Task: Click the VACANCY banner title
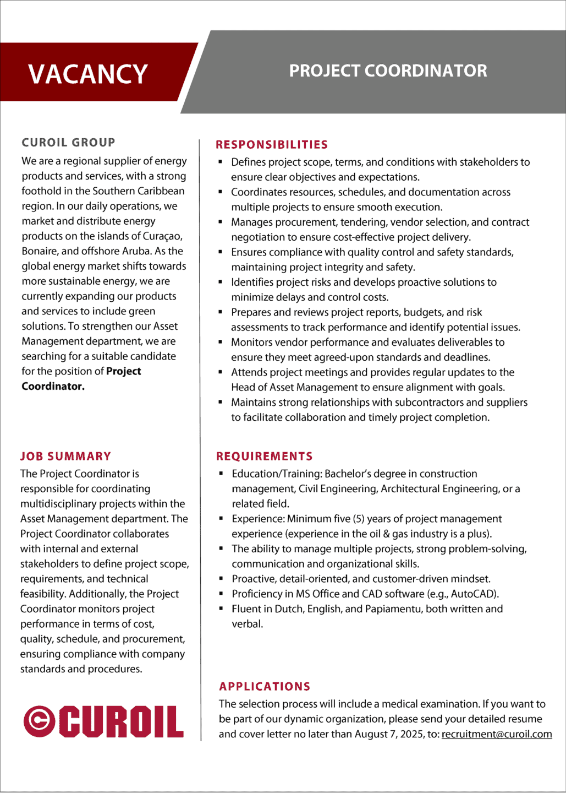coord(88,74)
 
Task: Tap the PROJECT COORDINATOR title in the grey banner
coord(388,71)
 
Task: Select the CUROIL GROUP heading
coord(68,143)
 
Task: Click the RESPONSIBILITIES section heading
coord(272,145)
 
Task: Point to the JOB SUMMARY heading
coord(66,457)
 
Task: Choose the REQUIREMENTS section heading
coord(265,457)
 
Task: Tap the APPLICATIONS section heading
coord(265,687)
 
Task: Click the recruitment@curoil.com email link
coord(497,734)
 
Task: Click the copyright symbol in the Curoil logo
coord(39,721)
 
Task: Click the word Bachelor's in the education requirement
coord(350,474)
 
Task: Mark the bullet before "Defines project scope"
coord(221,162)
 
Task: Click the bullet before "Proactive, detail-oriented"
coord(221,579)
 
